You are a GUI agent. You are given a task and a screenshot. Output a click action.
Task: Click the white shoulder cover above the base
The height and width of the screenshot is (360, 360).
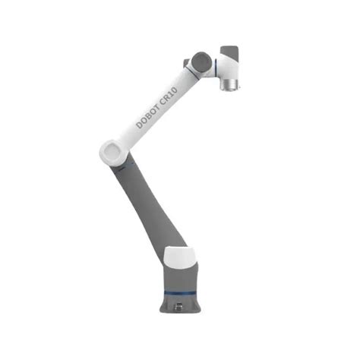pos(182,256)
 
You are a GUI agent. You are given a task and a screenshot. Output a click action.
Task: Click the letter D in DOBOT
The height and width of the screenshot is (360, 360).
pos(140,124)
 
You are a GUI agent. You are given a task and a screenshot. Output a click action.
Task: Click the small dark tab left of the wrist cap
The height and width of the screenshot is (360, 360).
pos(185,63)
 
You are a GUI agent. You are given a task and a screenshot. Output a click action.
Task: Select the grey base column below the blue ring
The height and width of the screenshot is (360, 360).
pos(183,298)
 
